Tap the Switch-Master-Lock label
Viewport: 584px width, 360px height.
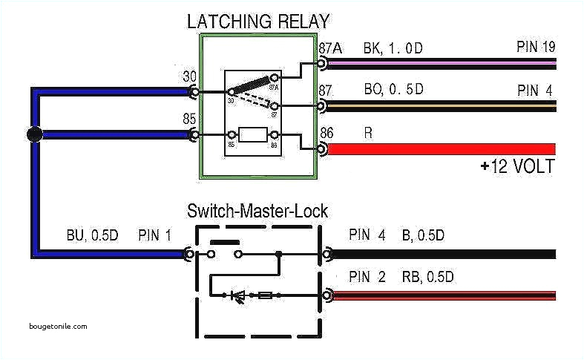(257, 212)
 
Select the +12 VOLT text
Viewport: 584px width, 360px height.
(516, 166)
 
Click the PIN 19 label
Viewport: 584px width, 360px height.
(535, 48)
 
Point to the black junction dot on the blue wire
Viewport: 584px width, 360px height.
(33, 134)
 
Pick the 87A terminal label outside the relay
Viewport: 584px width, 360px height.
(330, 48)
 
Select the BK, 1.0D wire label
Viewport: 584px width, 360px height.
(393, 48)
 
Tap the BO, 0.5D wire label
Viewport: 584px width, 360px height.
(393, 90)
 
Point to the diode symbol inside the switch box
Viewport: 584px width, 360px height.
(239, 295)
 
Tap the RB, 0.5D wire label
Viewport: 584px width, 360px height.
(428, 278)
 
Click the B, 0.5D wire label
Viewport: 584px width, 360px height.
(423, 236)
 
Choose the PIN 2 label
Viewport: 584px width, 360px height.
(367, 278)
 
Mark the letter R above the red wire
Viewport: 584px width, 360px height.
(368, 132)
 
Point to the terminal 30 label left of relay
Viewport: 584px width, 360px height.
(189, 76)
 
